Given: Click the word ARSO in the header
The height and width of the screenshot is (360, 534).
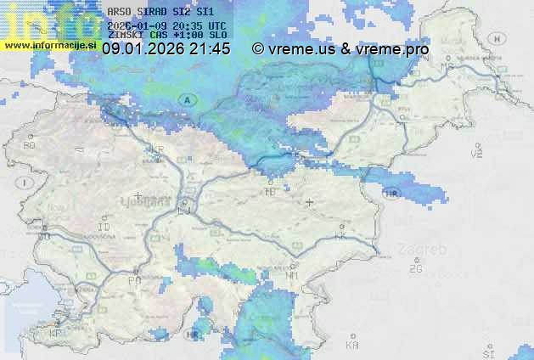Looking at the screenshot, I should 118,12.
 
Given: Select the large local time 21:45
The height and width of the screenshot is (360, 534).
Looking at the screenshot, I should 210,49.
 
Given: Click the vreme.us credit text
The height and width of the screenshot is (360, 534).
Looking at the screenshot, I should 301,49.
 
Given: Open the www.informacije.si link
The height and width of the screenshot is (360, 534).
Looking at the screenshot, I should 48,43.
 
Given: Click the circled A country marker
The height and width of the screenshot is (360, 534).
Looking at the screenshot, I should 186,99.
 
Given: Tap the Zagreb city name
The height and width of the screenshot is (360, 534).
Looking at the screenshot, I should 428,250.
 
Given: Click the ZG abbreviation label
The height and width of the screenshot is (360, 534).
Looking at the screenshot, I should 415,269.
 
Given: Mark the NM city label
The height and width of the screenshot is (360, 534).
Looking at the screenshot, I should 292,276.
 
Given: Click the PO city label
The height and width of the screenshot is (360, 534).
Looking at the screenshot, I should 133,280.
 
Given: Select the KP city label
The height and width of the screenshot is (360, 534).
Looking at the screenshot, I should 56,333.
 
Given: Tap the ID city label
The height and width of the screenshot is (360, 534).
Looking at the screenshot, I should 104,228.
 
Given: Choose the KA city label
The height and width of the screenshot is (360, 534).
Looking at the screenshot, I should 352,346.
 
